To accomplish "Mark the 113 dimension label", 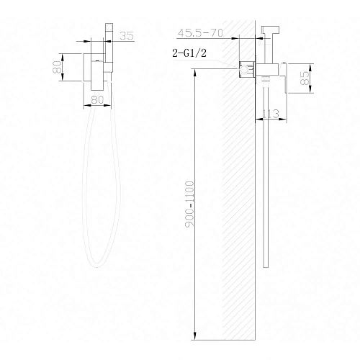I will click(271, 112).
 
